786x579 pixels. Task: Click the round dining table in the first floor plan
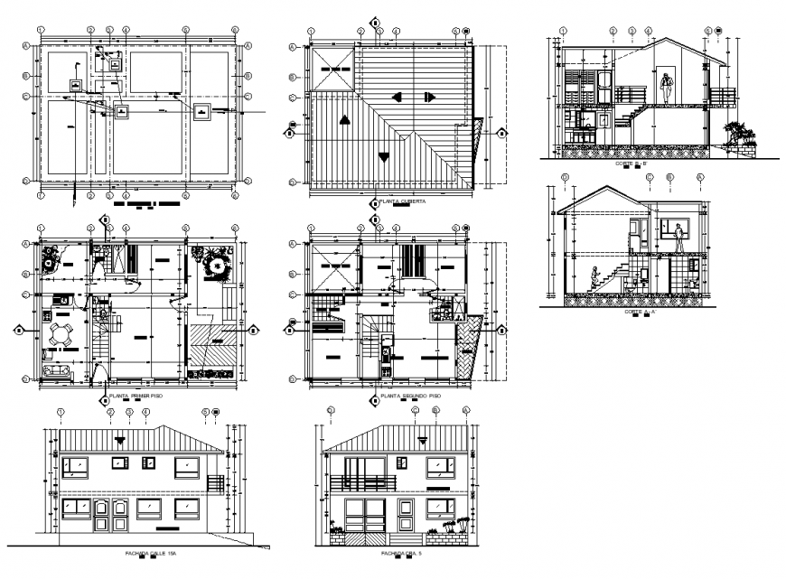point(61,334)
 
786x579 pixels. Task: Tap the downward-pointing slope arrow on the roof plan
point(386,156)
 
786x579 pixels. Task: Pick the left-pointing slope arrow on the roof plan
point(397,97)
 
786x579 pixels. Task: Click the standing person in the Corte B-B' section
point(666,87)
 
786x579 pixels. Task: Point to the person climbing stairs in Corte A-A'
point(594,278)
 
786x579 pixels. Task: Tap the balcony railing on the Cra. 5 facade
point(362,483)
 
